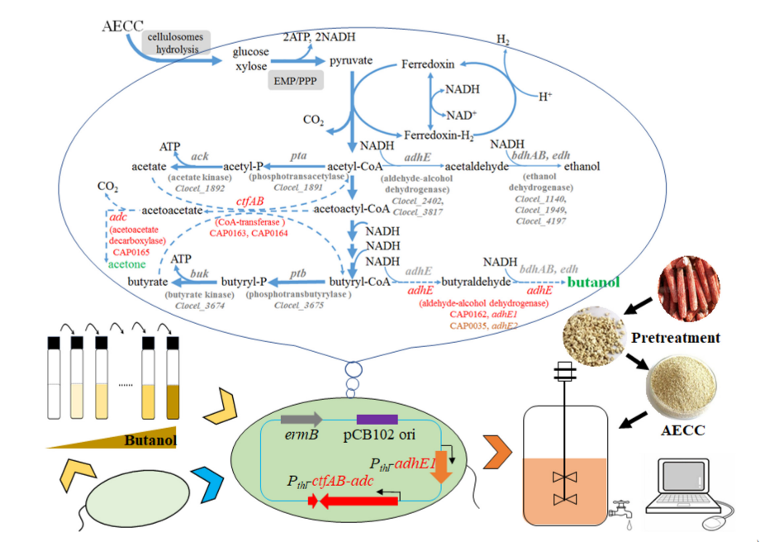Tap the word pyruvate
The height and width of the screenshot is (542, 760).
tap(351, 61)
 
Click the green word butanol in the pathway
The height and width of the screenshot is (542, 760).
tap(594, 283)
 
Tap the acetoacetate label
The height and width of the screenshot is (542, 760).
tap(172, 210)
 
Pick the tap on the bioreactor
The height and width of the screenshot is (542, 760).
tap(620, 512)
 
